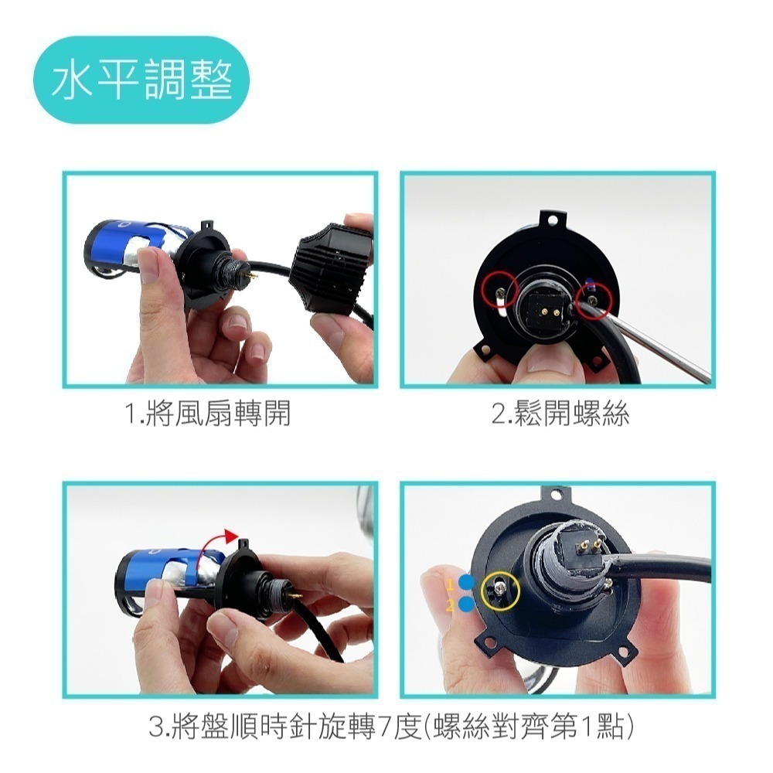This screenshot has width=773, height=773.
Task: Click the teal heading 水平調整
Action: (141, 80)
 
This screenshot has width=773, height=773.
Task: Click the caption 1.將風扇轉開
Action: (207, 413)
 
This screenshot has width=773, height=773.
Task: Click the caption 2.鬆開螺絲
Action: (560, 413)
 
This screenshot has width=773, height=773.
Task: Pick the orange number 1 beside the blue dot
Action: (450, 584)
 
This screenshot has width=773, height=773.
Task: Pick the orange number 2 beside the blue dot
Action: (450, 605)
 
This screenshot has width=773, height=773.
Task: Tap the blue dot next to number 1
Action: (466, 582)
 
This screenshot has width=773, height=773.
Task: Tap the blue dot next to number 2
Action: (466, 604)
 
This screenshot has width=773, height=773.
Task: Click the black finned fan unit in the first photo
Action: (332, 266)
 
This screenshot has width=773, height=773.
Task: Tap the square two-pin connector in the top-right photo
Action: (547, 309)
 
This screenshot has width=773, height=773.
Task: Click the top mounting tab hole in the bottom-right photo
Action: (557, 493)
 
